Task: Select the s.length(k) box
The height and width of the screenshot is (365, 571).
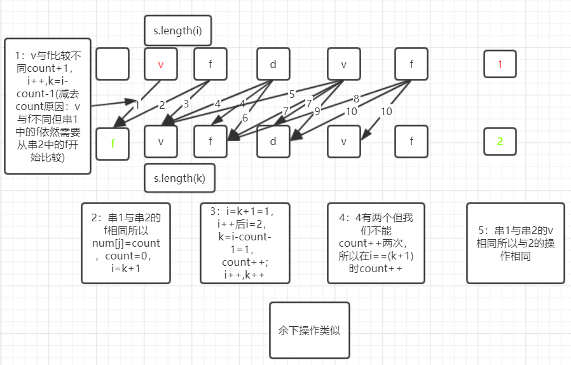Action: (179, 178)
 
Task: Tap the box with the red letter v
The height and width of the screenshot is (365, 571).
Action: (161, 64)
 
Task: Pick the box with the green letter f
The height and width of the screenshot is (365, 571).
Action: (113, 143)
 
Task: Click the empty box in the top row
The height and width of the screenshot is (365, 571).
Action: (113, 64)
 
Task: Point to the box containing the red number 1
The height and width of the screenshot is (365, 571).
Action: (500, 64)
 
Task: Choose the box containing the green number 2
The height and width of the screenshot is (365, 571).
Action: (500, 141)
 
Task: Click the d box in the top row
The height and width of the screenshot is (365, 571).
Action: (273, 64)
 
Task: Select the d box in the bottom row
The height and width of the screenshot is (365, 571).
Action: (273, 141)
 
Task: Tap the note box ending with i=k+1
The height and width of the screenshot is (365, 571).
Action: (126, 243)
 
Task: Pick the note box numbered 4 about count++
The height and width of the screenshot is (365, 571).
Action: (376, 243)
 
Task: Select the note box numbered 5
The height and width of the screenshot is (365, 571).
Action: (515, 243)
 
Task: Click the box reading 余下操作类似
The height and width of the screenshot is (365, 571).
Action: (310, 331)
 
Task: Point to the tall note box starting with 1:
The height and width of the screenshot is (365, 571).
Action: (48, 106)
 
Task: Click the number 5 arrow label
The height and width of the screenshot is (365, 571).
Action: (292, 94)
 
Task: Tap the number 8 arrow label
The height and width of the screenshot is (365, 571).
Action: (355, 99)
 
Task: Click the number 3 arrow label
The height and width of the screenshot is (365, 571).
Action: (186, 104)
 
